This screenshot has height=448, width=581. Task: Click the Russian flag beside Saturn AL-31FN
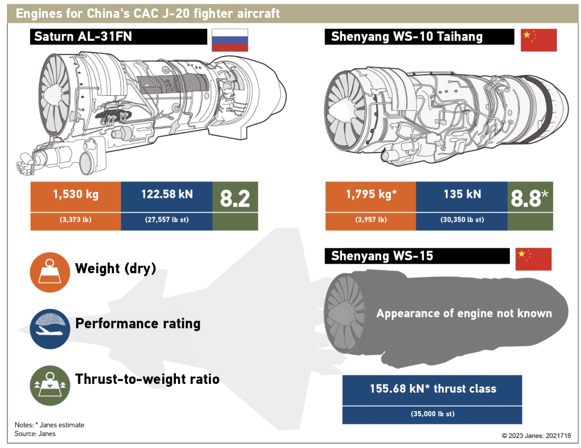coord(229,40)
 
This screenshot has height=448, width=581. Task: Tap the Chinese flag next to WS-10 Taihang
coord(538,40)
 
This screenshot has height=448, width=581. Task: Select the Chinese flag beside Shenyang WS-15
coord(533,259)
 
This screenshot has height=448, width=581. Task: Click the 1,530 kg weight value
coord(75,195)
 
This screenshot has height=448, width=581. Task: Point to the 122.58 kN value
coord(167,195)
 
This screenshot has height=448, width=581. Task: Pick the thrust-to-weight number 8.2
coord(235,198)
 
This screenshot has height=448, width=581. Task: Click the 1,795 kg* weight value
coord(371,195)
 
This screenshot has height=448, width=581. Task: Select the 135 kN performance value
coord(461,195)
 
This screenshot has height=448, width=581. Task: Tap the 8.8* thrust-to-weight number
coord(529,198)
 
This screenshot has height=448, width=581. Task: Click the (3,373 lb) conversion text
coord(75,221)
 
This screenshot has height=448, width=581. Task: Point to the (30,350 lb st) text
coord(461,221)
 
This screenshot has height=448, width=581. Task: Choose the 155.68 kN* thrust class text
coord(432,389)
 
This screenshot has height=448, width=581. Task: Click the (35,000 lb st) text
coord(432,414)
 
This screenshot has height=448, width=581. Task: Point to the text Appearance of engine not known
coord(464,313)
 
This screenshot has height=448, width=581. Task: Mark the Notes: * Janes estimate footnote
coord(49,425)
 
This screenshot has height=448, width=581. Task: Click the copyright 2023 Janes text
coord(536,436)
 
